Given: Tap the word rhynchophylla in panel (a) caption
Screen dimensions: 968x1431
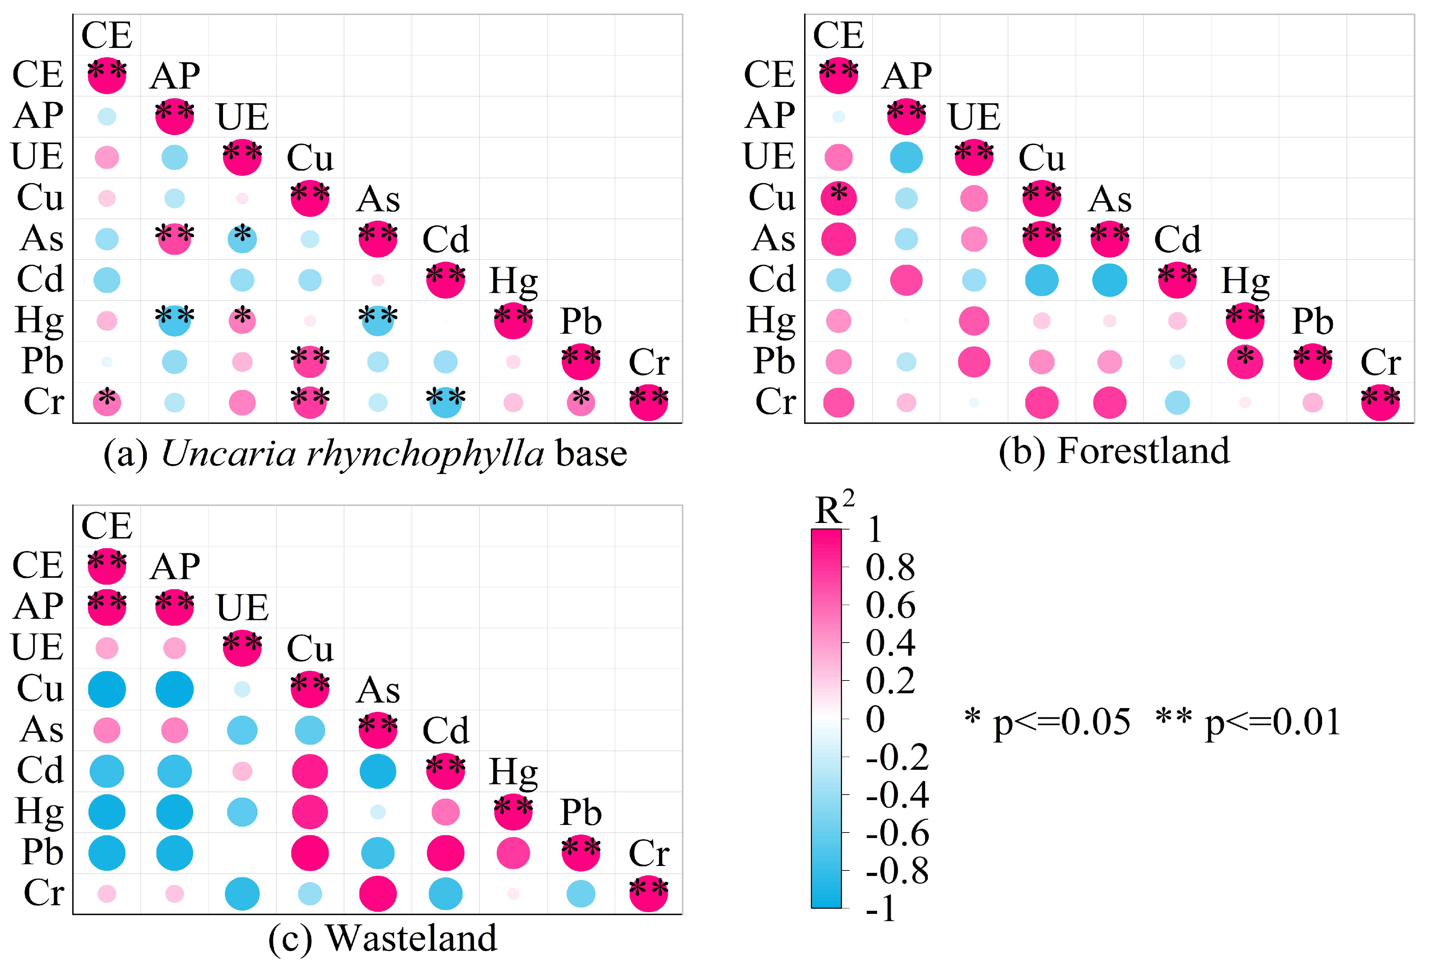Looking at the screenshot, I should [x=352, y=454].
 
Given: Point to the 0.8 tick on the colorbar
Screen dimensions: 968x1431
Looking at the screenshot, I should [x=890, y=568].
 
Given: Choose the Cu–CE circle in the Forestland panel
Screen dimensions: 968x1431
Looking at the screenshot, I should [x=839, y=198].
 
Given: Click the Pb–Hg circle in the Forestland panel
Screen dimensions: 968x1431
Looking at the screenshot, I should [x=1245, y=362].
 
